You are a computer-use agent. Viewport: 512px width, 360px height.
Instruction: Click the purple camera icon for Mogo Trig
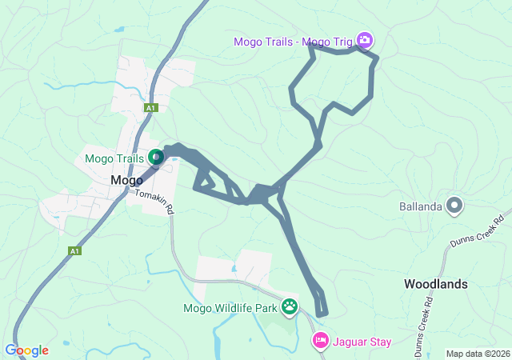tap(365, 39)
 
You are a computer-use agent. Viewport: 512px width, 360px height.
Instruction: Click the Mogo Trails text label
tap(115, 158)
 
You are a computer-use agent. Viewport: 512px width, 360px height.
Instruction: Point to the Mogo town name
tap(126, 180)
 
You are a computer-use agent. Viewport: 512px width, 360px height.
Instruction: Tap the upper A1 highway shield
tap(151, 107)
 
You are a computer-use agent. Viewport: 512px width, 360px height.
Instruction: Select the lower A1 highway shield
tap(74, 250)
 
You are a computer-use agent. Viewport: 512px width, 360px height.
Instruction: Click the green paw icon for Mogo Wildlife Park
tap(289, 306)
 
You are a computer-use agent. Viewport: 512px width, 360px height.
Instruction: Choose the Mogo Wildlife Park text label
tap(230, 307)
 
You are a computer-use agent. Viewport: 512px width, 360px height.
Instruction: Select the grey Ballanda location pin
tap(454, 206)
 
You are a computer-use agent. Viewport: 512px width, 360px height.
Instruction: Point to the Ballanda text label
tap(421, 207)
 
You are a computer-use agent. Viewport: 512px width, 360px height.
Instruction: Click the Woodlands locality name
tap(435, 284)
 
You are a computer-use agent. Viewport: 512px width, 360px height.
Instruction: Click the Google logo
tap(26, 350)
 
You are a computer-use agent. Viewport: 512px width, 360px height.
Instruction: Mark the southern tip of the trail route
tap(322, 314)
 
